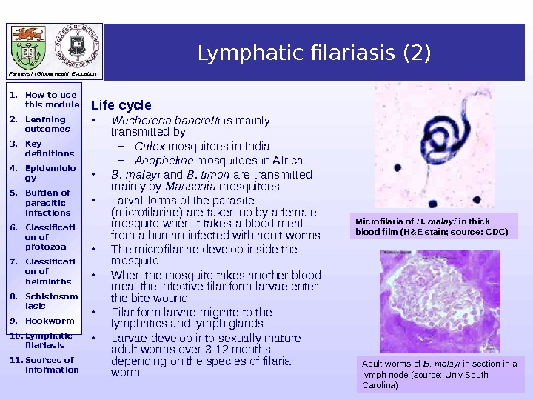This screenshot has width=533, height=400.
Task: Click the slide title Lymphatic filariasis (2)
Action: pos(314,54)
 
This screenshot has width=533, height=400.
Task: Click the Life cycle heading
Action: pos(121,105)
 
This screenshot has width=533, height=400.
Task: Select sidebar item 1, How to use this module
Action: pos(50,99)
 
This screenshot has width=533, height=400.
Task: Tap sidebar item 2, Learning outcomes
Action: pos(47,124)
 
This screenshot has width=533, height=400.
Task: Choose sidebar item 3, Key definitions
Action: pos(49,148)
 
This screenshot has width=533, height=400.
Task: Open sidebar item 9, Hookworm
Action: pos(49,321)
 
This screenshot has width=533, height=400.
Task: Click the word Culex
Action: pos(150,146)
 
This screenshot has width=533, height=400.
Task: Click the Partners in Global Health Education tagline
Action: pos(53,75)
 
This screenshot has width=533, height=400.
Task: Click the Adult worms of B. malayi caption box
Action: pos(440,374)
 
